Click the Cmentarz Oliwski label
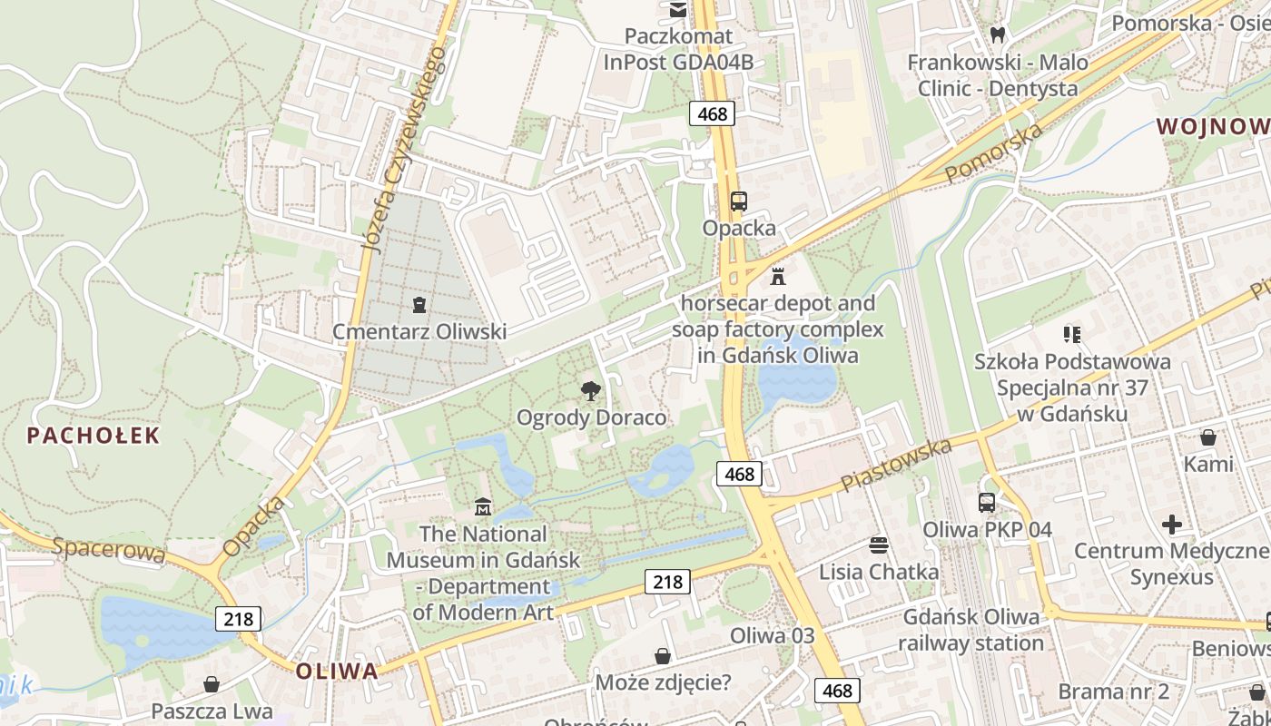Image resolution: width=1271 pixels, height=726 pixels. pos(419,331)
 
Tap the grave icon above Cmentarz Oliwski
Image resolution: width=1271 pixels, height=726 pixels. pos(419,304)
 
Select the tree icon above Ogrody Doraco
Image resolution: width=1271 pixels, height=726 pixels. pos(591,391)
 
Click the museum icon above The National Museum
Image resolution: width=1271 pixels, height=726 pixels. pos(482,506)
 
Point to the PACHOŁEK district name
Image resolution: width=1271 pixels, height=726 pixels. pos(94,436)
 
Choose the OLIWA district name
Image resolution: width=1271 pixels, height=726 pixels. pos(337,672)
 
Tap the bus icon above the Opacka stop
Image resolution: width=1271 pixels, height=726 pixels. pos(739,201)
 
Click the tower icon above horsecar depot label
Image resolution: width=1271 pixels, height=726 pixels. pos(778,276)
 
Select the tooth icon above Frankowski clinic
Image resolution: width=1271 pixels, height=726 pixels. pos(997,35)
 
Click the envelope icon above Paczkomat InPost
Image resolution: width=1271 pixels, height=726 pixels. pos(678,9)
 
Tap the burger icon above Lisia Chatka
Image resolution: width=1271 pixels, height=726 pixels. pos(878,544)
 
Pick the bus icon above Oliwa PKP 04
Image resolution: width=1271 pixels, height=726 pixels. pos(987,502)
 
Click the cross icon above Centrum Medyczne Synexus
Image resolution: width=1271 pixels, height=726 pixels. pos(1172,524)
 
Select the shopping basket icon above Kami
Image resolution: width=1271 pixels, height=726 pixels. pos(1207,437)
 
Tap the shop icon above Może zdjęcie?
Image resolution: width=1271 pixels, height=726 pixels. pos(663,655)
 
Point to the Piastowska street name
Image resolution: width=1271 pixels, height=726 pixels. pos(897,465)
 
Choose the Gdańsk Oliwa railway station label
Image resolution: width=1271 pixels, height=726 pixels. pos(970,630)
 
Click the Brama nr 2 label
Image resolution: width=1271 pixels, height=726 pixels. pos(1113,692)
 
